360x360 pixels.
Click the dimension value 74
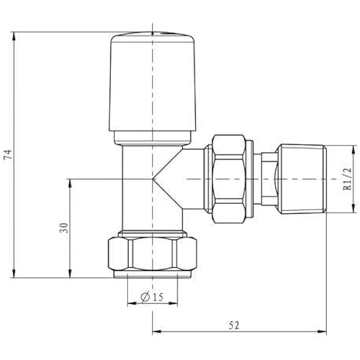click(x=7, y=155)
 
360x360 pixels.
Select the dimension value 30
click(x=64, y=228)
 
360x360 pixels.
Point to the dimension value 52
click(x=233, y=327)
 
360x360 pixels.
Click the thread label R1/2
click(x=348, y=179)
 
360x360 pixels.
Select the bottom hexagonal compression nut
click(x=152, y=256)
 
